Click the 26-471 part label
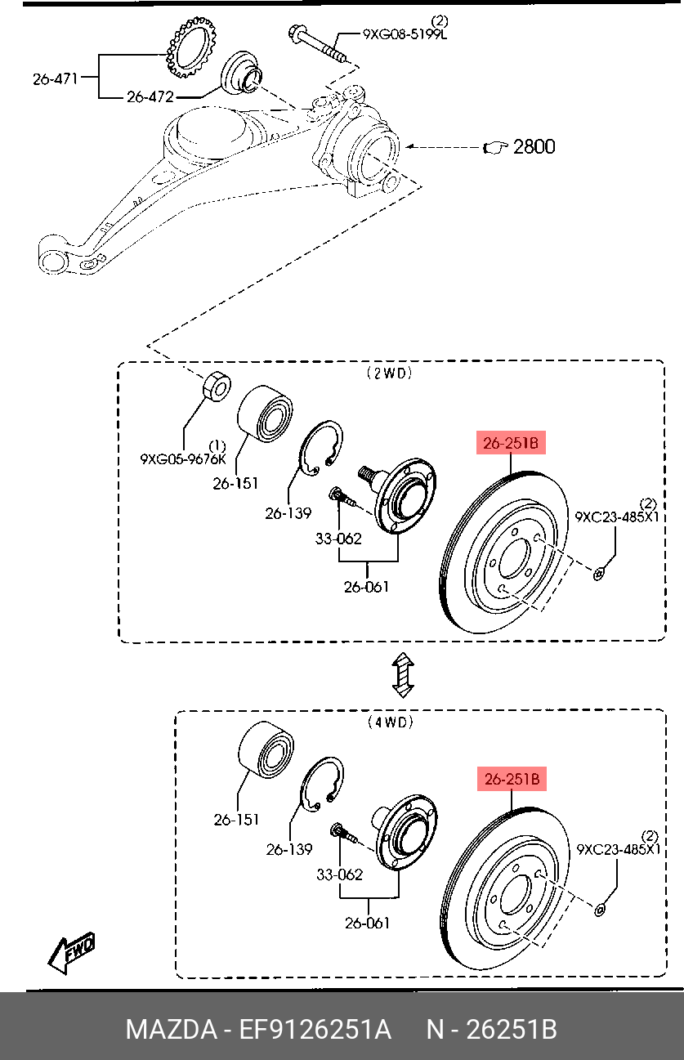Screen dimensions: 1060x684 tap(55, 79)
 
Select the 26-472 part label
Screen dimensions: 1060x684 tap(150, 96)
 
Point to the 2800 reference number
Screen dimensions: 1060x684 tap(533, 147)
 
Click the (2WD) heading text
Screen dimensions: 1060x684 tap(389, 373)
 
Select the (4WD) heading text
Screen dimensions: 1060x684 tap(390, 722)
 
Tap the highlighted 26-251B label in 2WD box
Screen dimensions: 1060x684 tap(511, 444)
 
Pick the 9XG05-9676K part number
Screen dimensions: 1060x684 tap(182, 459)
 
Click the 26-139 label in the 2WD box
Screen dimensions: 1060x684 tap(288, 513)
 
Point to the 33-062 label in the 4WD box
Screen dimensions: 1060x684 tap(338, 874)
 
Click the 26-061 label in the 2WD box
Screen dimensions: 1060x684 tap(366, 586)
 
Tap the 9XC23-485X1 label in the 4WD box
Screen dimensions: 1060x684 tap(619, 850)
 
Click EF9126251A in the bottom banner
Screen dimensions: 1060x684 tap(315, 1029)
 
